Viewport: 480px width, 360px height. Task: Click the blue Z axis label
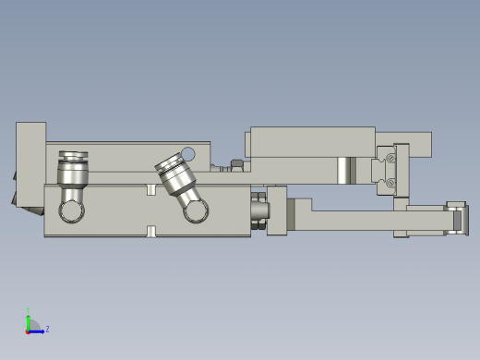pyautogui.click(x=47, y=329)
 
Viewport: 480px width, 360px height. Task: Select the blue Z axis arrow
pyautogui.click(x=38, y=330)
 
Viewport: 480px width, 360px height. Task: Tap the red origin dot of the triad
pyautogui.click(x=28, y=330)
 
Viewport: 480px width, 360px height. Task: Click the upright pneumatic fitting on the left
pyautogui.click(x=73, y=170)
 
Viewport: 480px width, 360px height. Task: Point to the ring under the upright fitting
pyautogui.click(x=72, y=211)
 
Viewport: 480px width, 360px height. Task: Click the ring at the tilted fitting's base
pyautogui.click(x=195, y=211)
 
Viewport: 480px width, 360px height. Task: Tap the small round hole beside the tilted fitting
pyautogui.click(x=188, y=154)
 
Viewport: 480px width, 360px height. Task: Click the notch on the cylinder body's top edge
pyautogui.click(x=151, y=189)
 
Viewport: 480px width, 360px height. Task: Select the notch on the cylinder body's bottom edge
pyautogui.click(x=151, y=231)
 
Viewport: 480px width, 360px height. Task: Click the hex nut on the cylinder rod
pyautogui.click(x=259, y=209)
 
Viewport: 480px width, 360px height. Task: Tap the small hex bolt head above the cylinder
pyautogui.click(x=237, y=163)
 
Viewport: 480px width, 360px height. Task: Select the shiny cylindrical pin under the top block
pyautogui.click(x=344, y=170)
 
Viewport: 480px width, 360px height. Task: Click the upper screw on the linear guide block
pyautogui.click(x=390, y=159)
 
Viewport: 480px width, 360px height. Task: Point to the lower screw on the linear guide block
pyautogui.click(x=390, y=183)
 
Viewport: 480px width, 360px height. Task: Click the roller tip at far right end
pyautogui.click(x=457, y=220)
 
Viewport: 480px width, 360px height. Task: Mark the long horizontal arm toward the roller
pyautogui.click(x=355, y=220)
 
